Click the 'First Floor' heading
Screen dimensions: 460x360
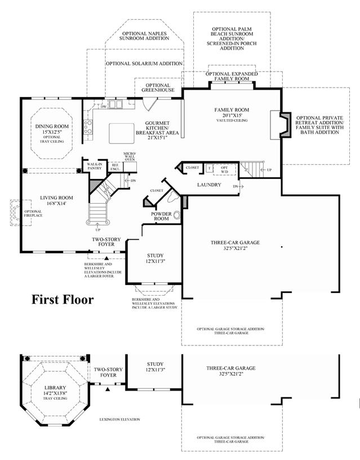(x=62, y=299)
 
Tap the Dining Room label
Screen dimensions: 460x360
(x=48, y=126)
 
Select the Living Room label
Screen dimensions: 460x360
(x=56, y=198)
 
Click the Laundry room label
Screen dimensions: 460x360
(x=209, y=185)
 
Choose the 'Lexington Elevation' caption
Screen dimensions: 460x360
(x=119, y=419)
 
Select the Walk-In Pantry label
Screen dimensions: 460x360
(x=94, y=165)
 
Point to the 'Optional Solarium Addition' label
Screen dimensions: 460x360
(x=144, y=64)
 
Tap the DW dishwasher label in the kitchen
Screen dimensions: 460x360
(x=104, y=106)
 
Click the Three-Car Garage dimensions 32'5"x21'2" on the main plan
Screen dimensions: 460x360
(x=235, y=248)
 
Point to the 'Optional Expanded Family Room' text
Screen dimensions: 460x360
(x=232, y=76)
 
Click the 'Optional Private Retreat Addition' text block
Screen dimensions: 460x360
(x=319, y=125)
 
